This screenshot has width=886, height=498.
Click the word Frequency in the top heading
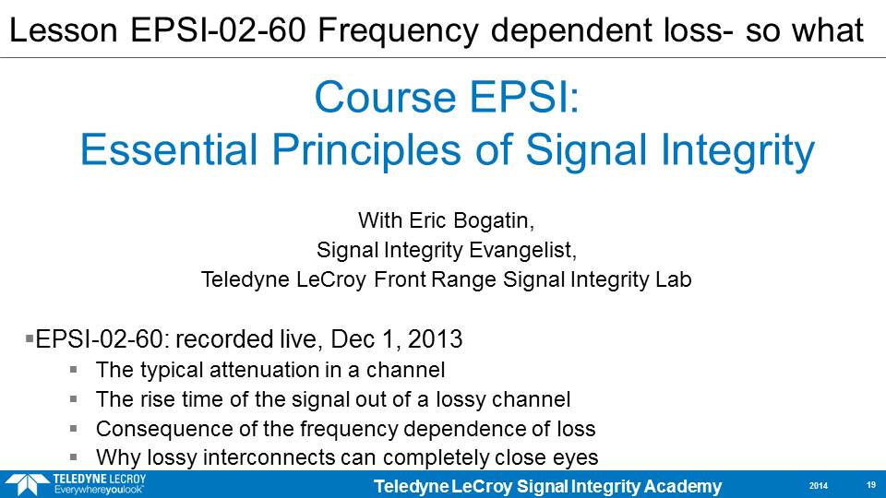click(x=399, y=31)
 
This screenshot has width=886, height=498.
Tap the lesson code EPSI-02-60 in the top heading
click(x=218, y=30)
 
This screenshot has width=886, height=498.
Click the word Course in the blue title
click(x=386, y=97)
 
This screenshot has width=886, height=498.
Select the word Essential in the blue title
click(x=169, y=149)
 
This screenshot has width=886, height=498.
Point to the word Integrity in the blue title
click(x=737, y=151)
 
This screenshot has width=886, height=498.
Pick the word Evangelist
click(x=522, y=250)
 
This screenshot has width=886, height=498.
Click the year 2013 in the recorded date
click(x=435, y=339)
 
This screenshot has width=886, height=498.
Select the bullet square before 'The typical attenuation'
click(x=74, y=370)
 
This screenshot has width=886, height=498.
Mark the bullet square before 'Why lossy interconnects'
click(x=74, y=456)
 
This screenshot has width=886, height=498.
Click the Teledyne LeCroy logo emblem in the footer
click(x=26, y=484)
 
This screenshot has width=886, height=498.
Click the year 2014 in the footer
click(x=819, y=486)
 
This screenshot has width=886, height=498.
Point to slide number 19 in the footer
click(x=870, y=485)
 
